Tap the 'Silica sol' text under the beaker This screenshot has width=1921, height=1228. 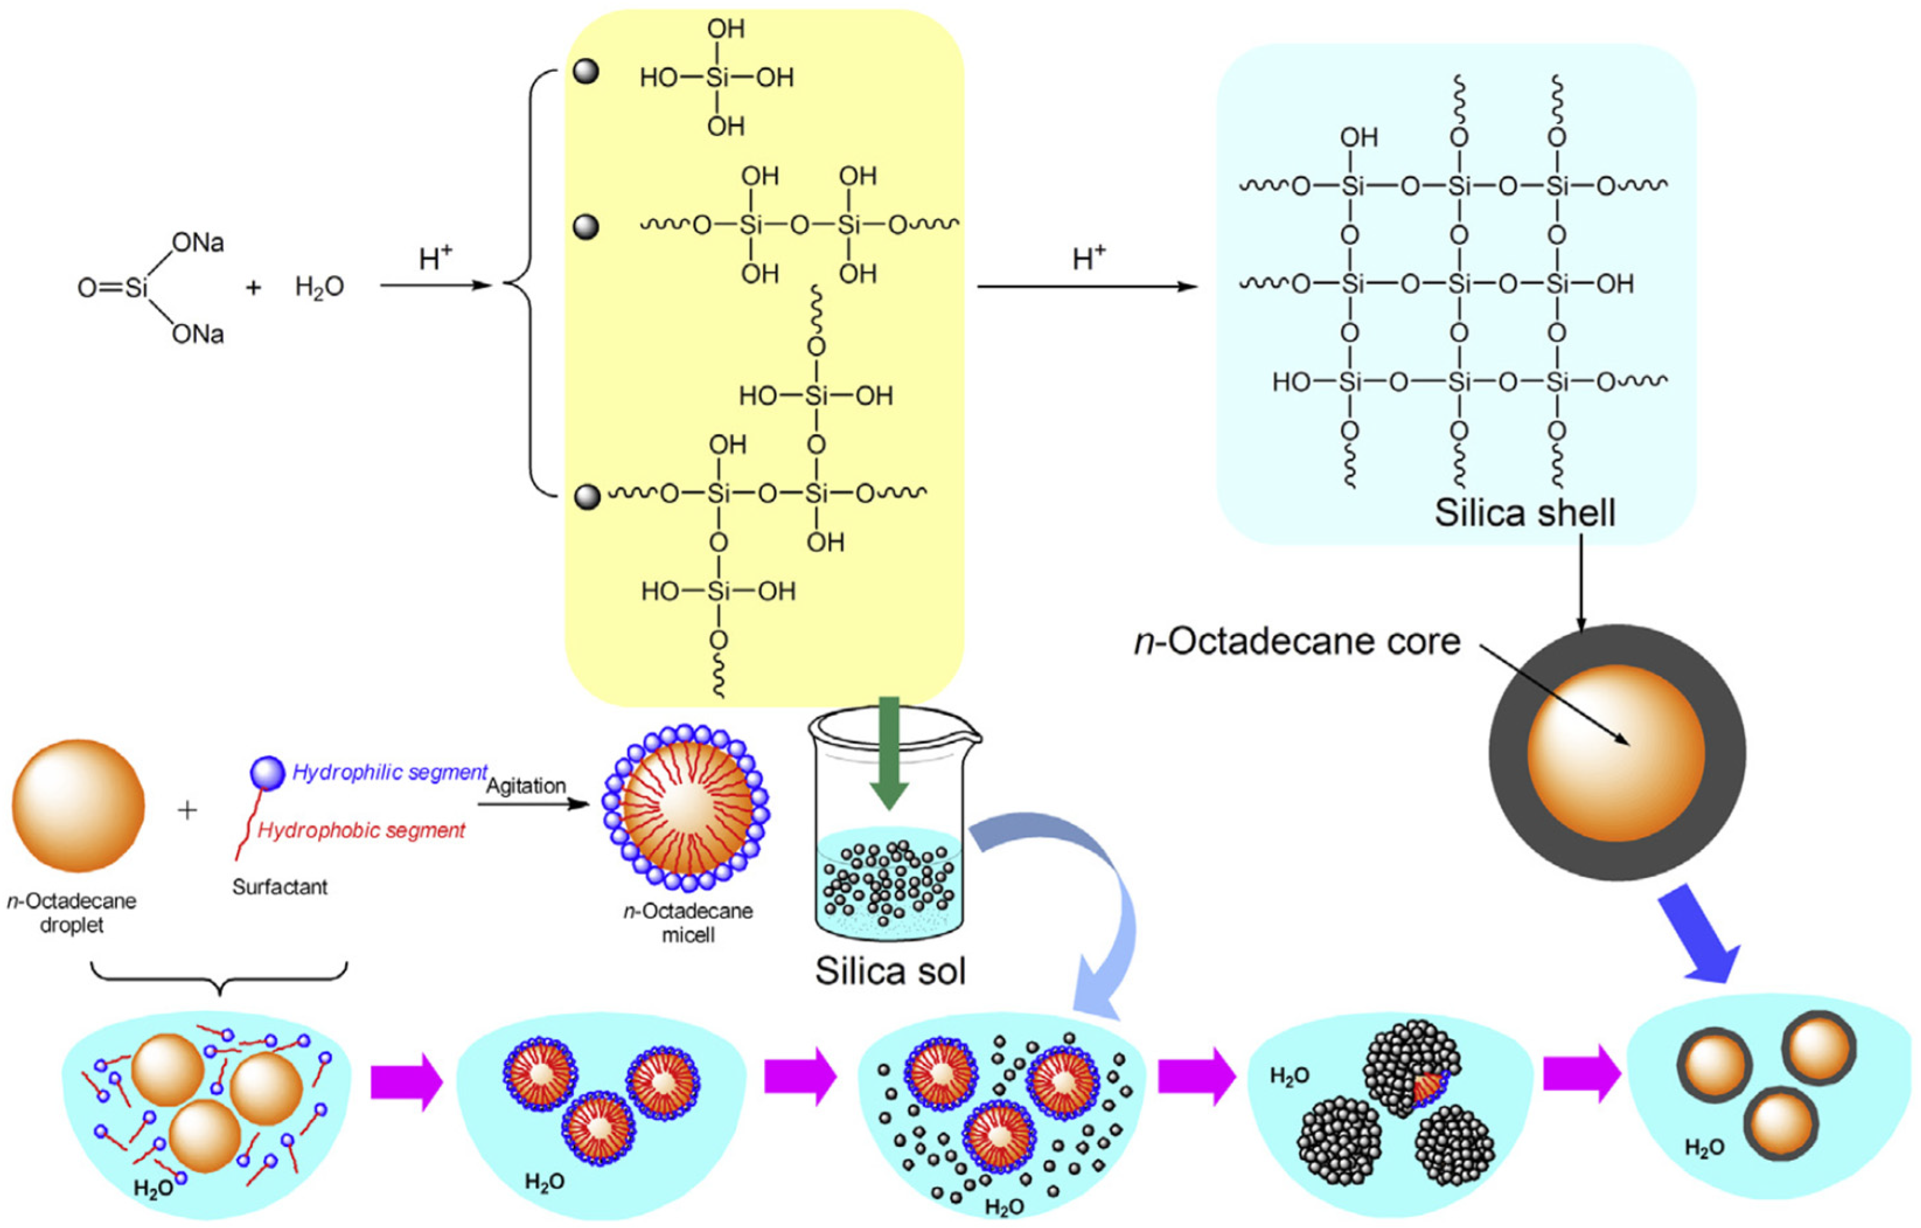890,971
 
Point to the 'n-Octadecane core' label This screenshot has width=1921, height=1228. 1297,642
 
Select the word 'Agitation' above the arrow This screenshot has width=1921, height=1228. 526,786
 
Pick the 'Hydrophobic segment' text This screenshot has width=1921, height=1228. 361,830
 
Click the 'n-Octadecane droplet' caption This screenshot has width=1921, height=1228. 72,913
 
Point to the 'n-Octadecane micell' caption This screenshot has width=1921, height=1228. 688,923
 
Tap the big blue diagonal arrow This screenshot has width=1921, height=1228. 1699,938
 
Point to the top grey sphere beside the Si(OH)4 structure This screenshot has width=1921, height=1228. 587,72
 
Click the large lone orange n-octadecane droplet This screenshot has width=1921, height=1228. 78,805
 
